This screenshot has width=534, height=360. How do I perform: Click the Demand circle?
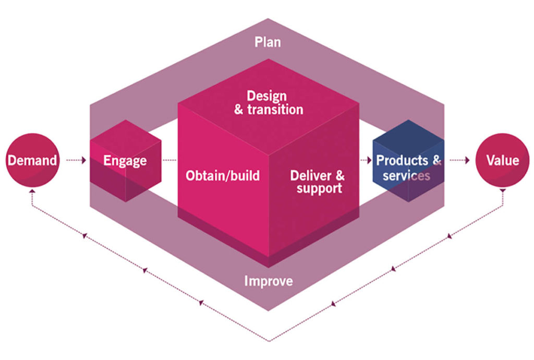click(x=32, y=160)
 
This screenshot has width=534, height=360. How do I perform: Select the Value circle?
click(x=502, y=160)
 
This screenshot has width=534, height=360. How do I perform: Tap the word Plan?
click(x=268, y=42)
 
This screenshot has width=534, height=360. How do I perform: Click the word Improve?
click(x=269, y=281)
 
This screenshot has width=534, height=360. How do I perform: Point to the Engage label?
click(x=125, y=161)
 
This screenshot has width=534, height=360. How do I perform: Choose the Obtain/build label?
click(x=223, y=175)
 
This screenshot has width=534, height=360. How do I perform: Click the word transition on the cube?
click(x=275, y=110)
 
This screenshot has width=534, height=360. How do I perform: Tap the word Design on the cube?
click(x=266, y=97)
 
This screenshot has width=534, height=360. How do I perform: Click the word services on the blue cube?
click(x=406, y=176)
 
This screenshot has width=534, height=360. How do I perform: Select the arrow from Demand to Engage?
click(x=76, y=160)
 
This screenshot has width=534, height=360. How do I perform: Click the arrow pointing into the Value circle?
click(x=460, y=160)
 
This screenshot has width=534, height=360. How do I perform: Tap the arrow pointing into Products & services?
click(x=366, y=160)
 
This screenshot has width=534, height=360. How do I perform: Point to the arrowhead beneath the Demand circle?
click(x=32, y=191)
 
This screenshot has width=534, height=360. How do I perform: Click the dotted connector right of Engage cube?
click(x=169, y=160)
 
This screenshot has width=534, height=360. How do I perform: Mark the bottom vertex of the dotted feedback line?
click(x=269, y=341)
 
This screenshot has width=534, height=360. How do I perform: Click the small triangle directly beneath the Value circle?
click(x=503, y=191)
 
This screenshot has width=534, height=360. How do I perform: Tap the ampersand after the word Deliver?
click(x=340, y=175)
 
